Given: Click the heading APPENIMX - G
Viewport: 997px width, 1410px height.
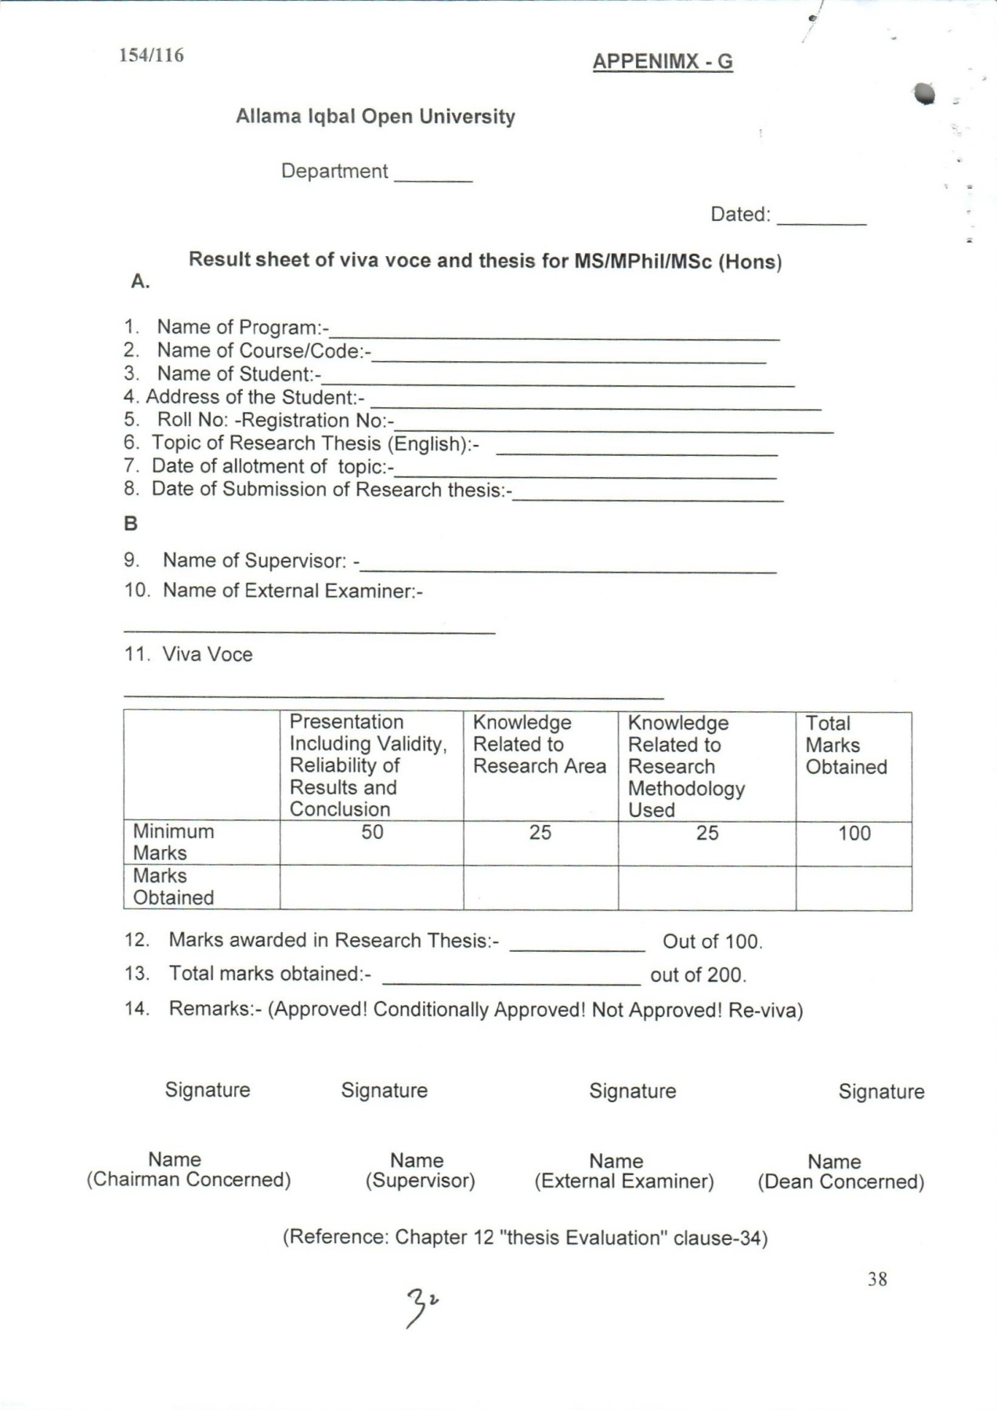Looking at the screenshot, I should [x=663, y=62].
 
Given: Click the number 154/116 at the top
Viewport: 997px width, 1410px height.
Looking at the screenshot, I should [x=151, y=56].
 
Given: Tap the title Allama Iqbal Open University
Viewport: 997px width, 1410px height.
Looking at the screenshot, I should [x=375, y=117].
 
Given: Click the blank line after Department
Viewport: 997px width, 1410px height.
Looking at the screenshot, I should [x=433, y=179].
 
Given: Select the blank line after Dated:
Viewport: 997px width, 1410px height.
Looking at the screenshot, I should [x=822, y=222].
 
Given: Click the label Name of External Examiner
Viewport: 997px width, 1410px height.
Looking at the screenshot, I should [x=292, y=591].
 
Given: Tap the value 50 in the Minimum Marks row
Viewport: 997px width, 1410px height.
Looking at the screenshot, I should [x=372, y=832].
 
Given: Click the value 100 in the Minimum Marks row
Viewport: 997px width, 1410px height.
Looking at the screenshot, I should [x=854, y=833].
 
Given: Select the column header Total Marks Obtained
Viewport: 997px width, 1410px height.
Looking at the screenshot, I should [x=846, y=745].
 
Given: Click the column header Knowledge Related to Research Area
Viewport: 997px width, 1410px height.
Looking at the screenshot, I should [x=539, y=744].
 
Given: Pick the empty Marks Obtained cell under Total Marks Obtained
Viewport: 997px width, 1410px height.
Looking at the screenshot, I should [x=854, y=888].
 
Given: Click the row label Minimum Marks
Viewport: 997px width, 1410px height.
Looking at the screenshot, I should [x=173, y=842].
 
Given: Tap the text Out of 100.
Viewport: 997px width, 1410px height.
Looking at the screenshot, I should [x=712, y=942].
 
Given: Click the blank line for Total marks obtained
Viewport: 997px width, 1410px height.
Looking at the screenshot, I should [x=511, y=981].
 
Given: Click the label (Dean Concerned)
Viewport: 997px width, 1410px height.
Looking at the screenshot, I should [x=840, y=1182].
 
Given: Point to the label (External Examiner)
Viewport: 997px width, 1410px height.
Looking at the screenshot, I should [x=623, y=1181].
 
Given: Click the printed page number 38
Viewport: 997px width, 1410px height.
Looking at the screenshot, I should [x=877, y=1279].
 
